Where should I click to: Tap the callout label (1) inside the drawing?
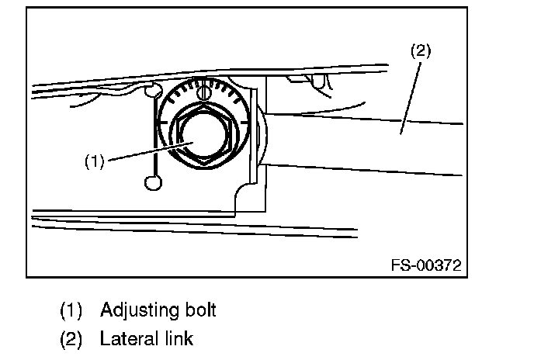(x=94, y=162)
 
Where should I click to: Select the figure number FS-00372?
(x=426, y=265)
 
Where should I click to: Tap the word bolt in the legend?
(x=199, y=310)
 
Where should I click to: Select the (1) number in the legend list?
(x=71, y=310)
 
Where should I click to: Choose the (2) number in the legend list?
(x=71, y=339)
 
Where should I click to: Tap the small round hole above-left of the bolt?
(x=154, y=93)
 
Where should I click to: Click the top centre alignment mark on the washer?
(x=204, y=94)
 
